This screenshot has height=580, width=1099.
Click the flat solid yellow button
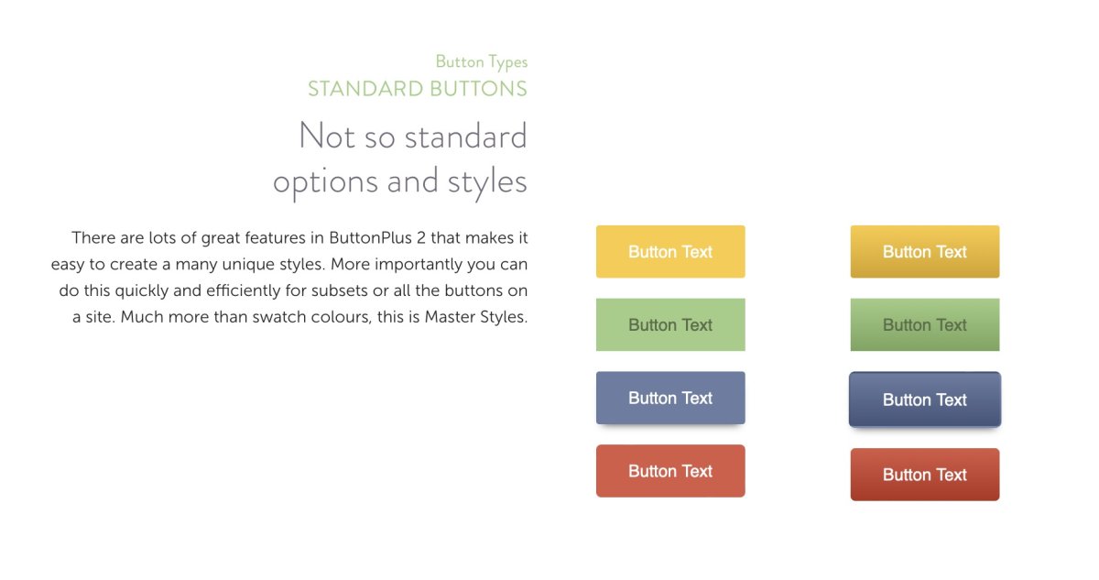coord(670,252)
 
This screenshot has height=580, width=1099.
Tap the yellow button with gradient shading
coord(925,252)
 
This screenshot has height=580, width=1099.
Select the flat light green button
coord(670,324)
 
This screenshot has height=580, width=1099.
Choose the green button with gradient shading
coord(925,324)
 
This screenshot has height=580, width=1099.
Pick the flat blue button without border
coord(670,398)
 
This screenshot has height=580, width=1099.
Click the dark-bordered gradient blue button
coord(925,399)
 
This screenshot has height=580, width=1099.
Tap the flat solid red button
coord(670,471)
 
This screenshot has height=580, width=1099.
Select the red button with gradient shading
coord(925,475)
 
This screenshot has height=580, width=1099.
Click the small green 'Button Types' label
coord(481,62)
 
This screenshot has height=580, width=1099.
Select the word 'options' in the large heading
coord(325,181)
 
